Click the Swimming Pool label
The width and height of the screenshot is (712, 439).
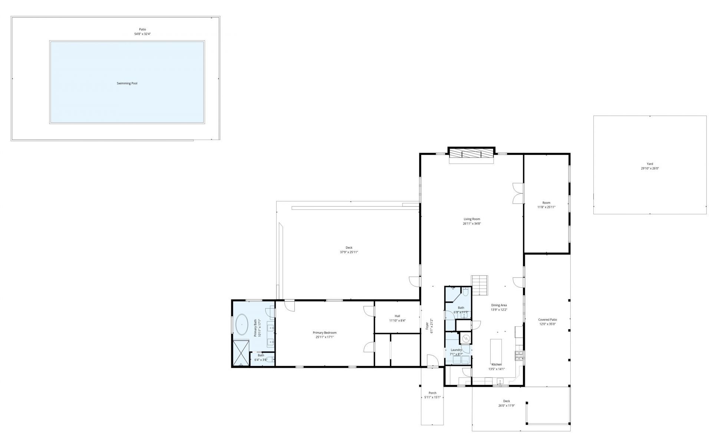[127, 83]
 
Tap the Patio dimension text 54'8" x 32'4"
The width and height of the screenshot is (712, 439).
[142, 34]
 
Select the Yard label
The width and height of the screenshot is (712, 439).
[650, 164]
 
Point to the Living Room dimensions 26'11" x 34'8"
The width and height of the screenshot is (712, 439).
[472, 224]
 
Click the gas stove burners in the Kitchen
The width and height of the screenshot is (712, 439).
[518, 356]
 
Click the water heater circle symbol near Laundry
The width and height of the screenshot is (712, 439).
[465, 339]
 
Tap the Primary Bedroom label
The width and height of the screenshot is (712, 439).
[324, 333]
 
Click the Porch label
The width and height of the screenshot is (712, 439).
[432, 393]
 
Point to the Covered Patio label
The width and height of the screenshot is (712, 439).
[547, 320]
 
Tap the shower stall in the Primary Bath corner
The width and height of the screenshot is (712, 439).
[241, 353]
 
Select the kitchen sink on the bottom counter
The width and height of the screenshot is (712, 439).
[500, 381]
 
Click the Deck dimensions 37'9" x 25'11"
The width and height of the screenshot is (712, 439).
[349, 252]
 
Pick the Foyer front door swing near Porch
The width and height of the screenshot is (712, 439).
[431, 360]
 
